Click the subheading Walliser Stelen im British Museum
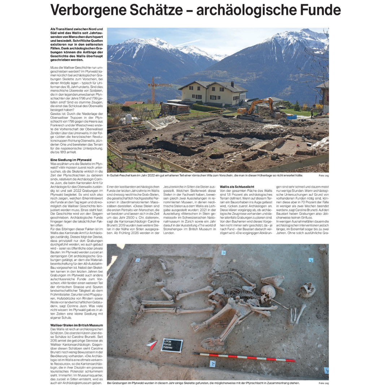[77, 325]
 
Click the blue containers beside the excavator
[291, 117]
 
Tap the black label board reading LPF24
[172, 345]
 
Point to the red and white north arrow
[152, 345]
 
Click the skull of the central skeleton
[268, 291]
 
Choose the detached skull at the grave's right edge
[307, 290]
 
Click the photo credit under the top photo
[324, 176]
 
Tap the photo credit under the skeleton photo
[324, 383]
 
